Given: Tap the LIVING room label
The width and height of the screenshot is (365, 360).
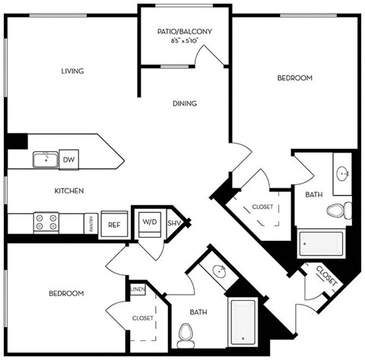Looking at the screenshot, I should (72, 71).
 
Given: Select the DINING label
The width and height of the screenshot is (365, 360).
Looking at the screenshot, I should (184, 104).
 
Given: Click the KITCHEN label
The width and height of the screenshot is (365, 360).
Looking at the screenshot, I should (68, 191).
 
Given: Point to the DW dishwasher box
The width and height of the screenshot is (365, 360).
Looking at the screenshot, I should (68, 159).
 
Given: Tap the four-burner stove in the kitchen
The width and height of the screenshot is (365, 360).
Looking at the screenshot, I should (45, 223).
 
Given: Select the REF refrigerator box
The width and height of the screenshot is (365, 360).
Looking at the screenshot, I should (114, 225).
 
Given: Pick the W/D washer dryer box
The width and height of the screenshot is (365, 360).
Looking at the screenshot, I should (148, 223).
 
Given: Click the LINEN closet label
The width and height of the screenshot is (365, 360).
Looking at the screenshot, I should (138, 290).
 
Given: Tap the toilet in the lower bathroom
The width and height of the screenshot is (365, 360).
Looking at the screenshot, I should (185, 333).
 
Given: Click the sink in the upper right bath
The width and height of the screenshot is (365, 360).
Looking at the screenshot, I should (343, 173).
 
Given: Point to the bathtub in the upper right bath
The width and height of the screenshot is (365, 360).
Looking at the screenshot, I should (320, 243).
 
